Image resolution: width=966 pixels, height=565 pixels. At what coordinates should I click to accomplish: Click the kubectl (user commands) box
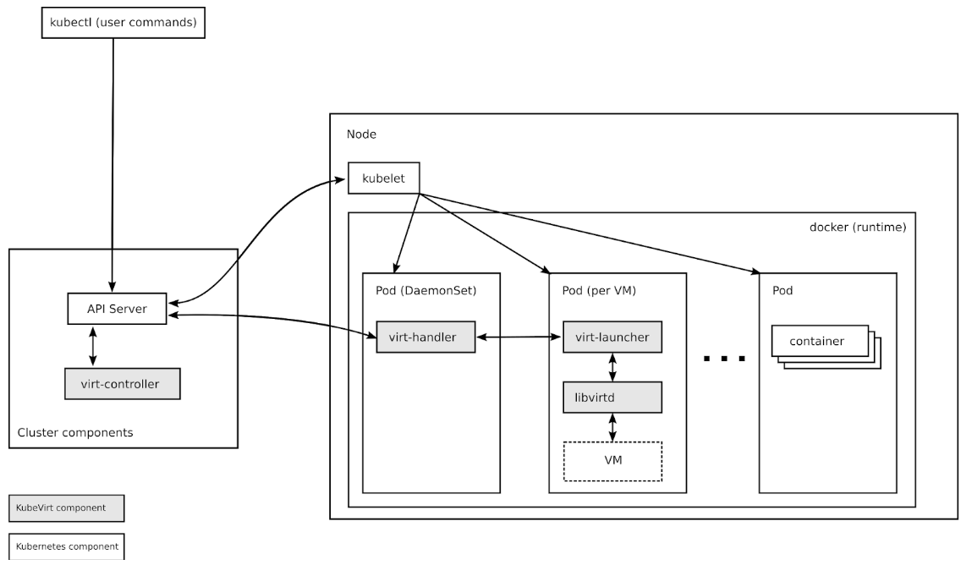[x=123, y=23]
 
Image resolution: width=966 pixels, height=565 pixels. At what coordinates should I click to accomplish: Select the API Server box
[x=117, y=309]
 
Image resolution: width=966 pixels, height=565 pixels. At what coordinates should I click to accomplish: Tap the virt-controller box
[x=123, y=383]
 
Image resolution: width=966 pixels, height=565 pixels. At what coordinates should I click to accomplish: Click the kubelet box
[x=383, y=178]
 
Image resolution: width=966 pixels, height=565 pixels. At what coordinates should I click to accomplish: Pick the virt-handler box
[x=425, y=337]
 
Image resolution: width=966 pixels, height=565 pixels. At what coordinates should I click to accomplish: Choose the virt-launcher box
[x=612, y=337]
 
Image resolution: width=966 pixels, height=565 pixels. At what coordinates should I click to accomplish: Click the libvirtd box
[x=612, y=397]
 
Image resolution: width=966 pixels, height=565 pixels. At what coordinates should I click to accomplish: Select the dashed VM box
[x=612, y=461]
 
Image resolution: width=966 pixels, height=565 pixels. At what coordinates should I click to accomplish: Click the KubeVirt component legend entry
[x=66, y=508]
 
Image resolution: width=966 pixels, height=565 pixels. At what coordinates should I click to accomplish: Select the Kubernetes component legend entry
[x=66, y=546]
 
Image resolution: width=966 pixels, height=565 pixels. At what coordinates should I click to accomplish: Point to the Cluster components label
[x=75, y=433]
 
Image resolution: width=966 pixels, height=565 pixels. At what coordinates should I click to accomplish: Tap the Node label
[x=361, y=134]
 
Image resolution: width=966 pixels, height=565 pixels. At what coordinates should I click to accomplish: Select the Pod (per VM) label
[x=599, y=291]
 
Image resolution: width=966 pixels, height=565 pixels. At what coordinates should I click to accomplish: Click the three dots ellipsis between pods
[x=724, y=359]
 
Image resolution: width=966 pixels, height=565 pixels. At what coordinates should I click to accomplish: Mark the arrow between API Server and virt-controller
[x=93, y=346]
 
